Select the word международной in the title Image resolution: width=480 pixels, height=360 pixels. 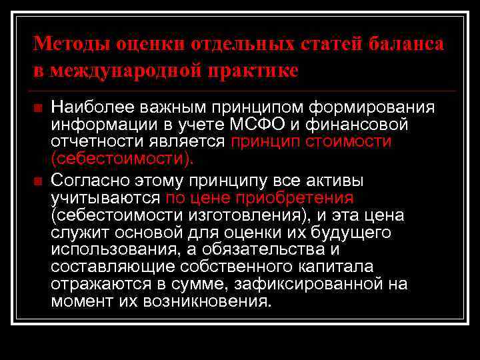pyautogui.click(x=122, y=70)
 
